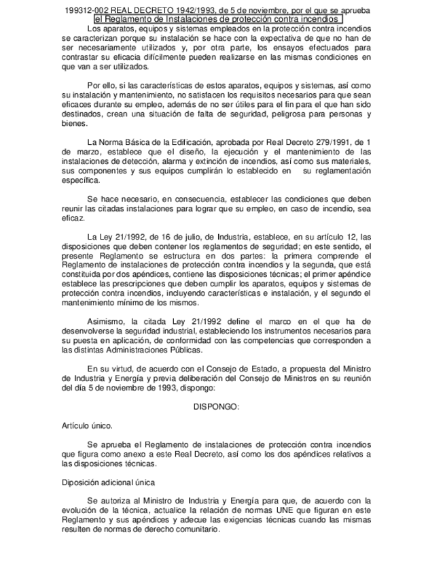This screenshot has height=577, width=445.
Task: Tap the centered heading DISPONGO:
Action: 216,406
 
